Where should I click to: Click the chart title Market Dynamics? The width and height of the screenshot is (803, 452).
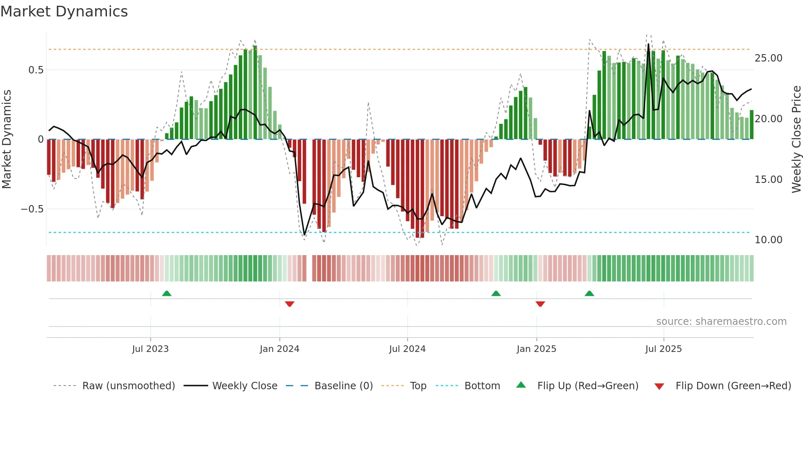[64, 11]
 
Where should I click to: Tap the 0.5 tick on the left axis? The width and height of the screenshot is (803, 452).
[36, 70]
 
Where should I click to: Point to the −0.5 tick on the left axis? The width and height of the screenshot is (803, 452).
[32, 209]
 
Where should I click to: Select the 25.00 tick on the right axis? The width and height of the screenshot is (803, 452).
[768, 58]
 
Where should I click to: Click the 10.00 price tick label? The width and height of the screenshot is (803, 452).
[768, 240]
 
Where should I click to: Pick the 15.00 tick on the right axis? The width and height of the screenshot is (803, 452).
[768, 180]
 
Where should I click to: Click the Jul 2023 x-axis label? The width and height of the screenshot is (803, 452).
[150, 349]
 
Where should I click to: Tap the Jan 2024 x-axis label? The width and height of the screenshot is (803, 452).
[279, 349]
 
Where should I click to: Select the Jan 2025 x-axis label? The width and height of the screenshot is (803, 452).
[536, 349]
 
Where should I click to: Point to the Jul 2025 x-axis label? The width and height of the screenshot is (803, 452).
[663, 349]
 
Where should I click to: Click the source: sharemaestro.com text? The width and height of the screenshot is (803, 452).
[721, 322]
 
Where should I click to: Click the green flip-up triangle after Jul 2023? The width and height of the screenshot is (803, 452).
[167, 293]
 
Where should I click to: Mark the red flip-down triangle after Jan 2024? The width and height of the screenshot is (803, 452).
[290, 304]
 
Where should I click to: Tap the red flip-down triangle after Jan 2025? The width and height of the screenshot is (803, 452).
[540, 304]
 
